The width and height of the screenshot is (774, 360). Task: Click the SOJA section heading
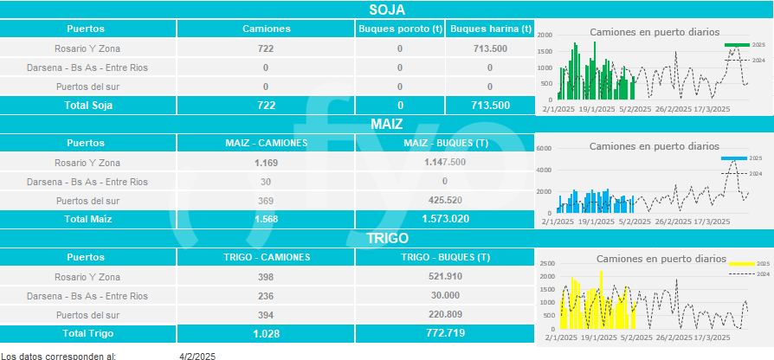387,10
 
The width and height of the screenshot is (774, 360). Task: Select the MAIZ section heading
387,124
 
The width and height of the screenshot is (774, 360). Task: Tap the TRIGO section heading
387,238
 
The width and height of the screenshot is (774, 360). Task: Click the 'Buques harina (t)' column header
490,29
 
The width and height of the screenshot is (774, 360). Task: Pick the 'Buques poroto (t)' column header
400,29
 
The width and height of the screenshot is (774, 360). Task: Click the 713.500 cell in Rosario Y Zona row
490,48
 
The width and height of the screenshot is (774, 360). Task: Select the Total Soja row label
90,105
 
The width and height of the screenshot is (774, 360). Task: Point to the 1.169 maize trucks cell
266,162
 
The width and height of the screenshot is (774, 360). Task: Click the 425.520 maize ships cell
445,201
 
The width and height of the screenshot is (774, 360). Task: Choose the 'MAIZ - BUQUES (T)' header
445,143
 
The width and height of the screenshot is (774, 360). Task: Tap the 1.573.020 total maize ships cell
445,219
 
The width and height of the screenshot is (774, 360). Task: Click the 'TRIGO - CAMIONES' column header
266,257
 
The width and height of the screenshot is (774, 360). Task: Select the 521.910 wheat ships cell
445,277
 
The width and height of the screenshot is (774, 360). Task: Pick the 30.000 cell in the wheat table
445,296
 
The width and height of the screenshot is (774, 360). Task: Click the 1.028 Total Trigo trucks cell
266,333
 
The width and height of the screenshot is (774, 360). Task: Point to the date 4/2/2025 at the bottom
197,355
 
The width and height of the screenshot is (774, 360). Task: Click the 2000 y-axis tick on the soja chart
544,35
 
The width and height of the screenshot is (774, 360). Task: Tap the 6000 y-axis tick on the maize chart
544,149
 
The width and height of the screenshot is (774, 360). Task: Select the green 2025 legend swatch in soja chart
736,44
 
